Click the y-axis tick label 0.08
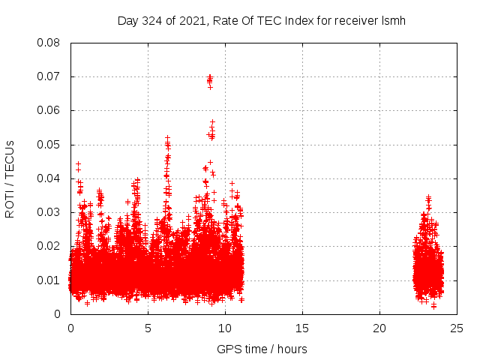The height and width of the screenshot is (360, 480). pos(49,43)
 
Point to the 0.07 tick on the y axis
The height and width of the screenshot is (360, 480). pos(49,76)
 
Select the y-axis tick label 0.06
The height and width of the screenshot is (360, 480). pos(49,110)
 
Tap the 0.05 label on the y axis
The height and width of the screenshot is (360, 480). pos(49,145)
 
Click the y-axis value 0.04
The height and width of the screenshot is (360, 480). pos(49,178)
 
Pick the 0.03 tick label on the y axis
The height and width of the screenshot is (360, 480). pos(49,212)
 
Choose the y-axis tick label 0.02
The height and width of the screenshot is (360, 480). pos(49,246)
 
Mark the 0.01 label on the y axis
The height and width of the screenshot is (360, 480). pos(49,280)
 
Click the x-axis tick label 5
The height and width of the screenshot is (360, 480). pos(148,328)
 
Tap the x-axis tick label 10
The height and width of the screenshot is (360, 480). pos(225,328)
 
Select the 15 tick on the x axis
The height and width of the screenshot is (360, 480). pos(302,328)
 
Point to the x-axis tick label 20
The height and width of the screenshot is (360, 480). pos(379,328)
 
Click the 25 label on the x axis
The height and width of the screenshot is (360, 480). pos(457,328)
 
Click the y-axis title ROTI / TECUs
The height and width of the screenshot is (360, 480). pos(10,178)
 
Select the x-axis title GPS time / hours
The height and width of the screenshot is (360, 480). pos(262,349)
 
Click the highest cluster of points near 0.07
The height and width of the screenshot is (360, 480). pos(210,79)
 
